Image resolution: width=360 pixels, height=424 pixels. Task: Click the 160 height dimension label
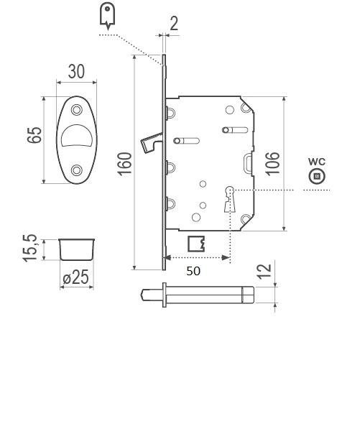(x=124, y=164)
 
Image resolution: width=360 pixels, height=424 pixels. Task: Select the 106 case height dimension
(x=272, y=164)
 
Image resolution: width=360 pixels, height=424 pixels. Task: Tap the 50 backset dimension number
(x=193, y=271)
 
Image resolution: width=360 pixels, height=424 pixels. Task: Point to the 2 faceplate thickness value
(x=174, y=24)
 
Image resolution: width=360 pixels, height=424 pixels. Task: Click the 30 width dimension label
(x=76, y=71)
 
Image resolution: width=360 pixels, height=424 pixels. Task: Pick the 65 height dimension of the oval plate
(x=34, y=134)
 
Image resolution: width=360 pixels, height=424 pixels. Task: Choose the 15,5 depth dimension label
(x=29, y=248)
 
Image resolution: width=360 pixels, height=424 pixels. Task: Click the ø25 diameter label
(x=76, y=277)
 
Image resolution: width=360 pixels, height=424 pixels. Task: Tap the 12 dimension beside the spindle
(x=264, y=271)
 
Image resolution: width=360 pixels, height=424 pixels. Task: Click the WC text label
(x=317, y=162)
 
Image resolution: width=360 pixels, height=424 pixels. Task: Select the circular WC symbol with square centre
(x=317, y=176)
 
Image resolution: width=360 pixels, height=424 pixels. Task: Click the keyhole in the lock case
(x=230, y=199)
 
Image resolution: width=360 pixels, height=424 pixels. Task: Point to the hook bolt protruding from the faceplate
(x=151, y=142)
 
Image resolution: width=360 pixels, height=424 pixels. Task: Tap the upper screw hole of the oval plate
(x=77, y=110)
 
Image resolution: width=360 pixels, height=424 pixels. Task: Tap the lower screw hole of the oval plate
(x=77, y=170)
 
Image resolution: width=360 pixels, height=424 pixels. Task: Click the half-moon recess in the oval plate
(x=77, y=135)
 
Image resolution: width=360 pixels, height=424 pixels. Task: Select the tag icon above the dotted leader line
(x=107, y=16)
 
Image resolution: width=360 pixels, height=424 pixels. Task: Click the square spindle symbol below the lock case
(x=196, y=244)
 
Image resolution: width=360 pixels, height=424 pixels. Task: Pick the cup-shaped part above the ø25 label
(x=77, y=249)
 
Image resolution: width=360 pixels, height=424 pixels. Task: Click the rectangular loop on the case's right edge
(x=249, y=163)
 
